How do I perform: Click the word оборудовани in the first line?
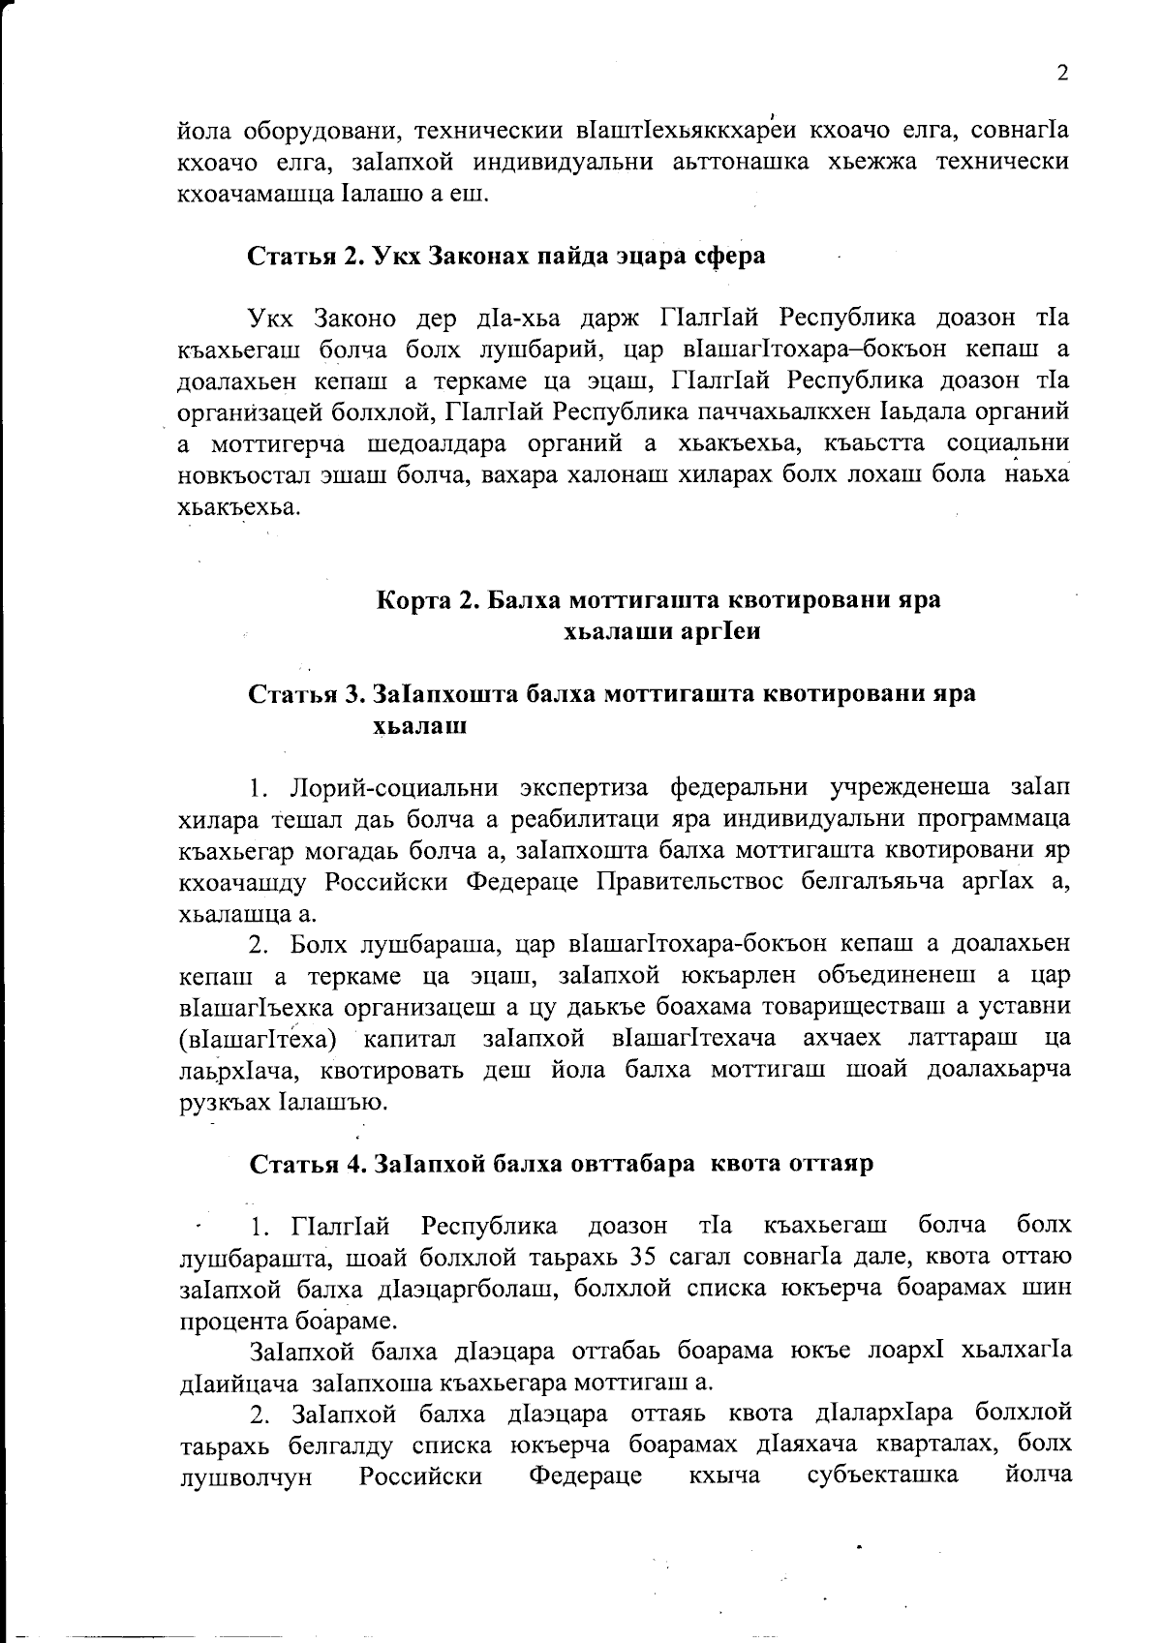click(x=310, y=130)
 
